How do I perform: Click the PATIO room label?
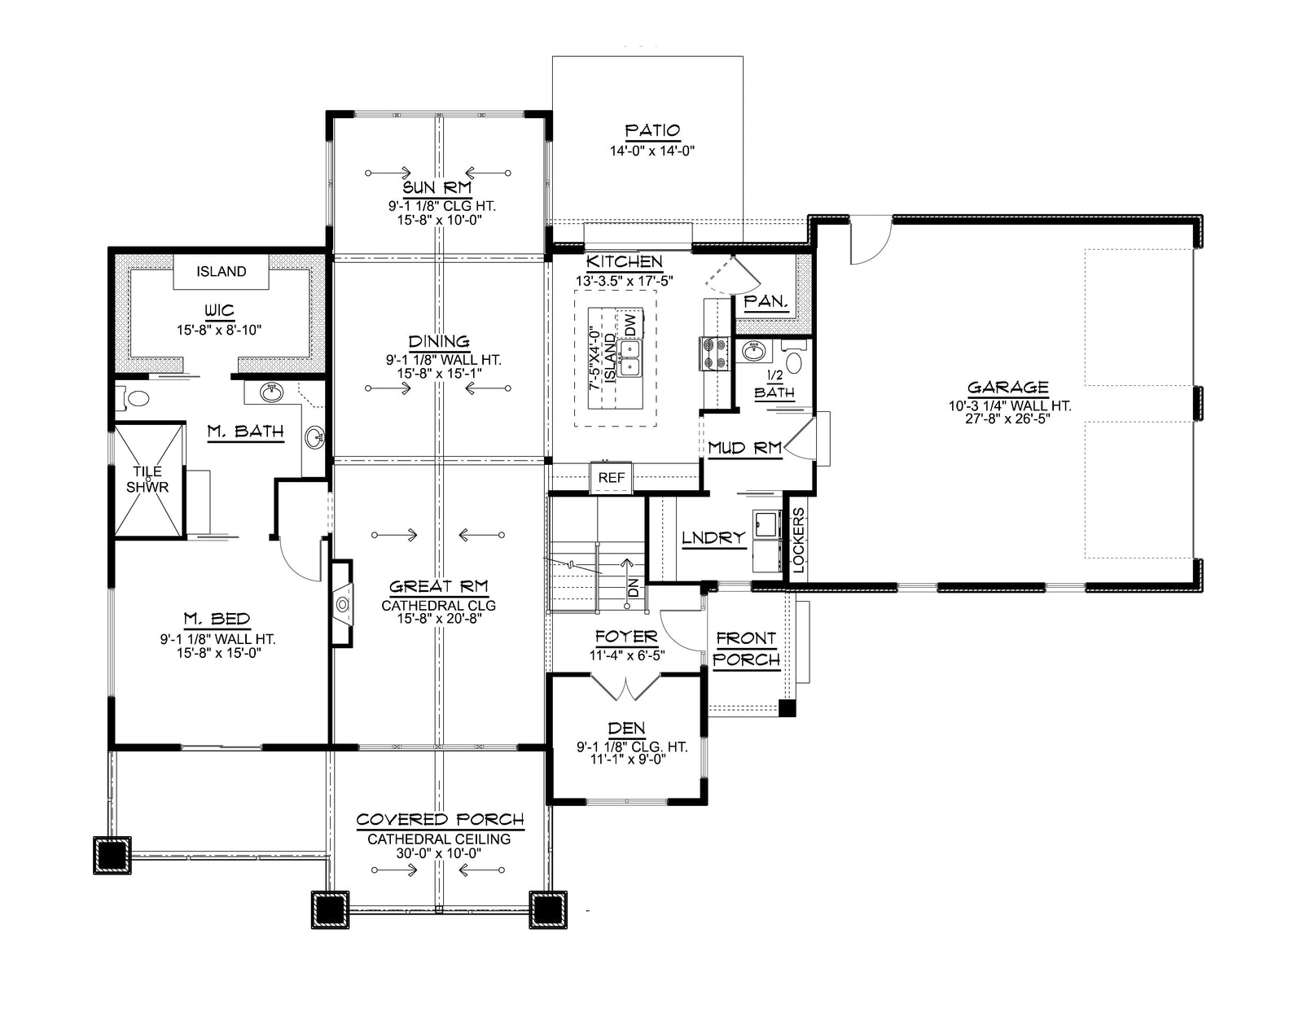(652, 130)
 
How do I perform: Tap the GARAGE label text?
(1008, 387)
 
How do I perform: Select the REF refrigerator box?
(612, 478)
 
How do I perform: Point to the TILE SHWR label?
(147, 480)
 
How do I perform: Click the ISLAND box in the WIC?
(222, 271)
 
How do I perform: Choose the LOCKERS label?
(798, 541)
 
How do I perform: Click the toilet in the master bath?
(135, 398)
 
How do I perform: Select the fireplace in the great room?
(342, 603)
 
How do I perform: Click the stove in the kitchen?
(714, 354)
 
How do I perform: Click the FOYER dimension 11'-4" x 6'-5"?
(627, 655)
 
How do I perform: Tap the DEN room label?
(626, 728)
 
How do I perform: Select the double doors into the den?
(626, 686)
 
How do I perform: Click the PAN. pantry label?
(766, 301)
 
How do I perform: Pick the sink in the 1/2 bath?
(754, 351)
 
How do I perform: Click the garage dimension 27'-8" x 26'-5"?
(1008, 418)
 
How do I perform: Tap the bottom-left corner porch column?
(112, 855)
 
